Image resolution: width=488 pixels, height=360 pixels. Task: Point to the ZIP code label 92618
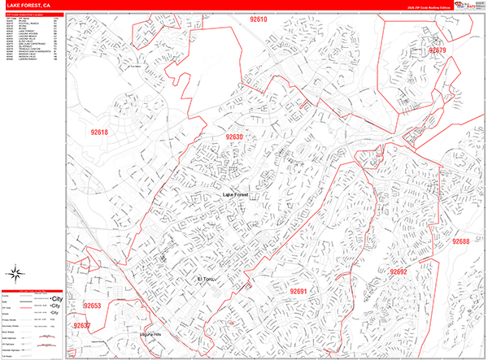tap(99, 132)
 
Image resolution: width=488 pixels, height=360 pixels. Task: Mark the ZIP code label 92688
tap(460, 241)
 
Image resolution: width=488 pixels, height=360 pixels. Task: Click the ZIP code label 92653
tap(92, 306)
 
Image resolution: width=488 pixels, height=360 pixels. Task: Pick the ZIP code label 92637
tap(82, 326)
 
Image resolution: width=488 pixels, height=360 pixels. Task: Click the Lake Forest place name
tap(240, 196)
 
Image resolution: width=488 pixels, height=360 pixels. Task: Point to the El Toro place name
tap(207, 280)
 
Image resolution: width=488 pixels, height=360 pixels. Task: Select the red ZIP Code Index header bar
tap(33, 15)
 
